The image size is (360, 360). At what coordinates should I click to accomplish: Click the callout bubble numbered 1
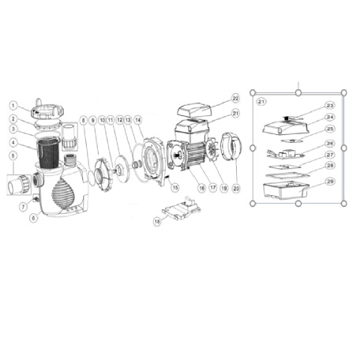(x=13, y=103)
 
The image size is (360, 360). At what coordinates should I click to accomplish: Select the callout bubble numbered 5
(x=13, y=156)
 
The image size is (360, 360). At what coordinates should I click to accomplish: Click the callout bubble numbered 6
(x=33, y=218)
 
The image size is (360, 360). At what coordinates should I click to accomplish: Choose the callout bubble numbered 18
(x=158, y=223)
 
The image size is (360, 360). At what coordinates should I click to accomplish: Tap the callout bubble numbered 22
(x=234, y=98)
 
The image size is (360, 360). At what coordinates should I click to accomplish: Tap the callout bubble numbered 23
(x=330, y=105)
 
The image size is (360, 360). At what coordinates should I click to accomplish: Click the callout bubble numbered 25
(x=330, y=129)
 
